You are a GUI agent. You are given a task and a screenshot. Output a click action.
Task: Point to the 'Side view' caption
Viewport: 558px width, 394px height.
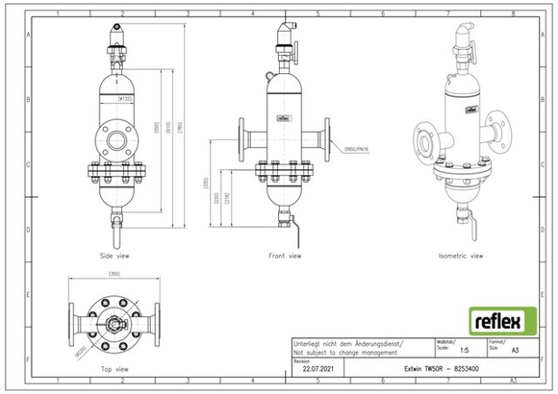point(115,257)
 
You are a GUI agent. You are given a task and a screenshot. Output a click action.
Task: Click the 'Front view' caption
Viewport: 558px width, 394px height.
point(285,257)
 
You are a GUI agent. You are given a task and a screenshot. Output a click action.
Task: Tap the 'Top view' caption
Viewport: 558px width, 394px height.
point(114,369)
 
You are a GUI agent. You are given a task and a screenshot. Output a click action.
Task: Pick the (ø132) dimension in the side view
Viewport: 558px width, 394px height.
point(124,99)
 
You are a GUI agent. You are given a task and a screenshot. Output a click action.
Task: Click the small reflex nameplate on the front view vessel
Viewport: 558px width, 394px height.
point(284,121)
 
